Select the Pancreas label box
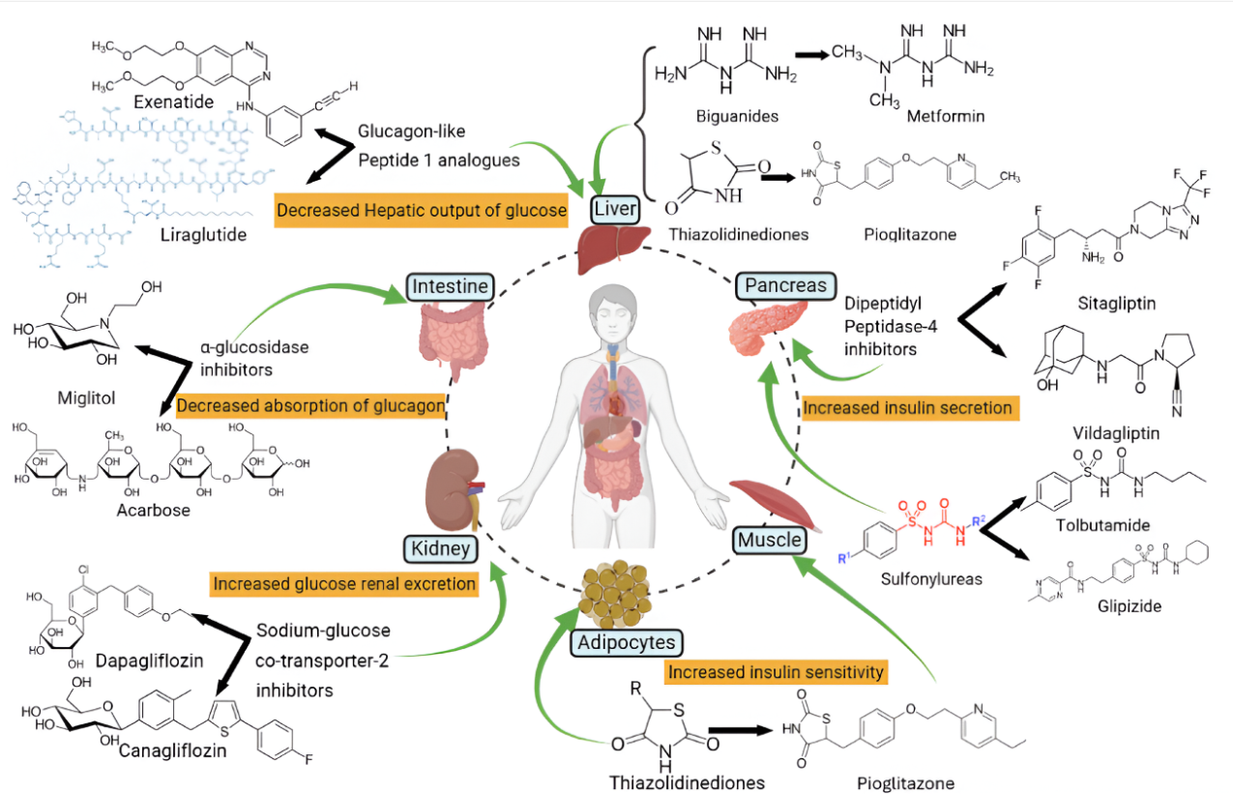pos(784,285)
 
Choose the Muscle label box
pos(769,539)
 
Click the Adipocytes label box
pos(628,641)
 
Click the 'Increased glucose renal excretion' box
pos(343,584)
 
